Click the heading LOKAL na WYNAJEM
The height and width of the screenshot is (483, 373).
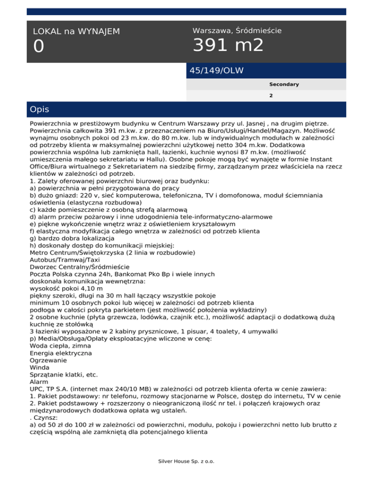(76, 32)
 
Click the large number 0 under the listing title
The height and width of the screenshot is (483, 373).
(39, 47)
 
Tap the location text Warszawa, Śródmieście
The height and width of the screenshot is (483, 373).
(237, 31)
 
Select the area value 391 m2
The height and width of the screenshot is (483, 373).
(228, 46)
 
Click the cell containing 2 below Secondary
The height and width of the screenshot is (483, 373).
(271, 96)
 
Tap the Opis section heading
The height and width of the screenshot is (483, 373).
(39, 109)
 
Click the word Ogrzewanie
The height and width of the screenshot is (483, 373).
(49, 361)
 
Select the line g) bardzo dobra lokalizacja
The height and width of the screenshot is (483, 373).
(72, 239)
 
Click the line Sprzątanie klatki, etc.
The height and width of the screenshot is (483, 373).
(64, 375)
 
